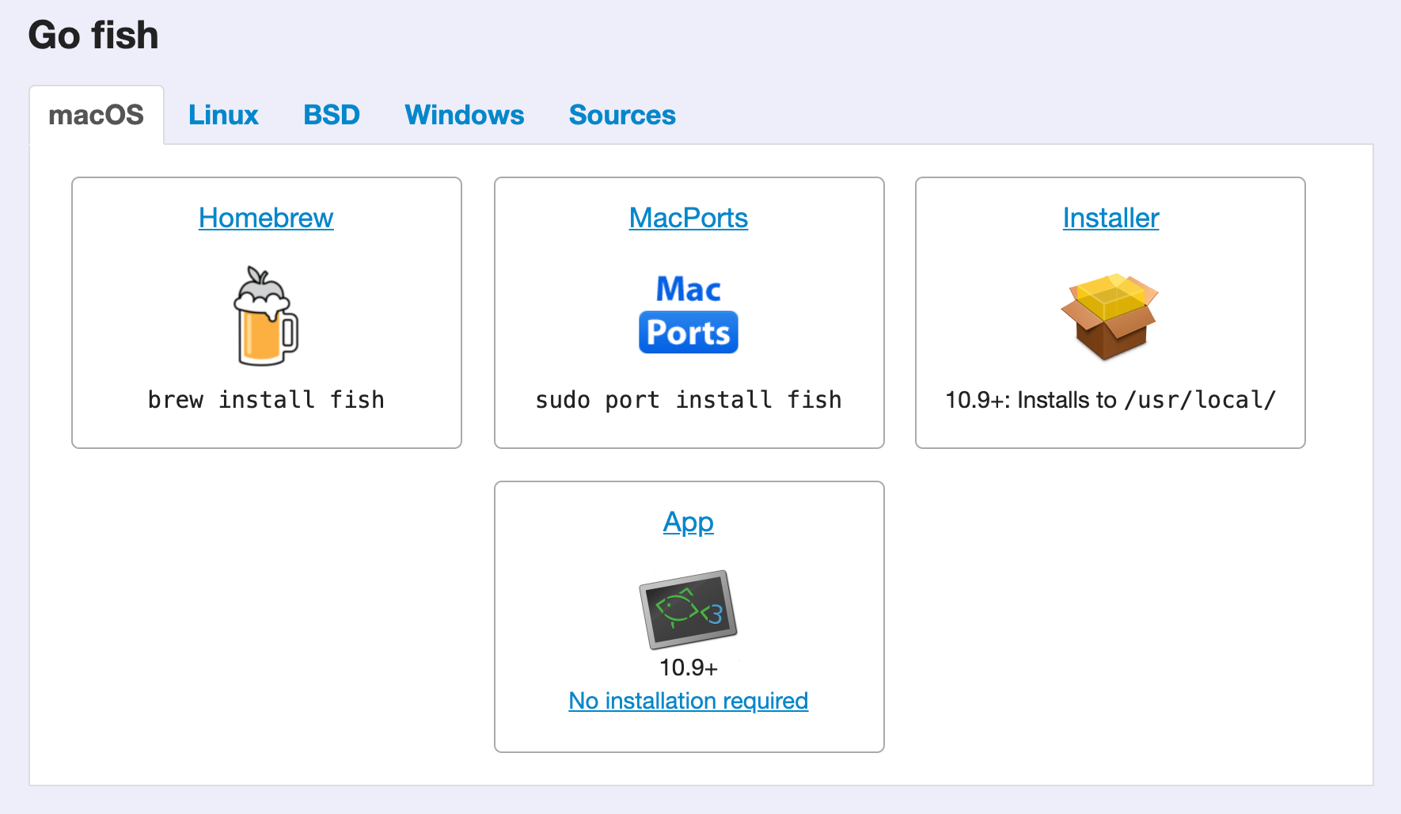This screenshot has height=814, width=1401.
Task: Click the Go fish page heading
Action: pyautogui.click(x=93, y=36)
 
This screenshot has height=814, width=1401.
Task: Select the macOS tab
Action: pyautogui.click(x=97, y=116)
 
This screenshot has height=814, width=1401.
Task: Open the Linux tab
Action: pyautogui.click(x=223, y=116)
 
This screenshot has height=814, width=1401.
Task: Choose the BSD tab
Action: pyautogui.click(x=332, y=116)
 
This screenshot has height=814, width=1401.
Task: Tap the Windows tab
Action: pyautogui.click(x=465, y=116)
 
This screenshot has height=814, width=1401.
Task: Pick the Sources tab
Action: pyautogui.click(x=622, y=116)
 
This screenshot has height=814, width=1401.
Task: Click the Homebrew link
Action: pyautogui.click(x=266, y=218)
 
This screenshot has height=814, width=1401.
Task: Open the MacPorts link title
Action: pyautogui.click(x=689, y=218)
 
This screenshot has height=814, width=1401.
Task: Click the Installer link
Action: pyautogui.click(x=1111, y=218)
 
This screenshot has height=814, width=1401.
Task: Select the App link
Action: pyautogui.click(x=689, y=523)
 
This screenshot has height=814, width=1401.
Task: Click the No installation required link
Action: pyautogui.click(x=689, y=701)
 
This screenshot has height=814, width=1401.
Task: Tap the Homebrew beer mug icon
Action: pyautogui.click(x=266, y=316)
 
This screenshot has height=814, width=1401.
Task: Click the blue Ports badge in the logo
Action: pyautogui.click(x=689, y=333)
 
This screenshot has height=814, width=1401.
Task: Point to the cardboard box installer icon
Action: pyautogui.click(x=1110, y=316)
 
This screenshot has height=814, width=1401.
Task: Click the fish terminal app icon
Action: pyautogui.click(x=689, y=610)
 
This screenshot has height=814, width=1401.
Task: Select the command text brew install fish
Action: pyautogui.click(x=266, y=400)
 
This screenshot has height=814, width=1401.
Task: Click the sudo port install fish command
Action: pyautogui.click(x=689, y=400)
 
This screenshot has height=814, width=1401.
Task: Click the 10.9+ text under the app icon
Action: pyautogui.click(x=689, y=668)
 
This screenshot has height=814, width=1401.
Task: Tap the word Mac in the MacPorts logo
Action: pyautogui.click(x=689, y=289)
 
